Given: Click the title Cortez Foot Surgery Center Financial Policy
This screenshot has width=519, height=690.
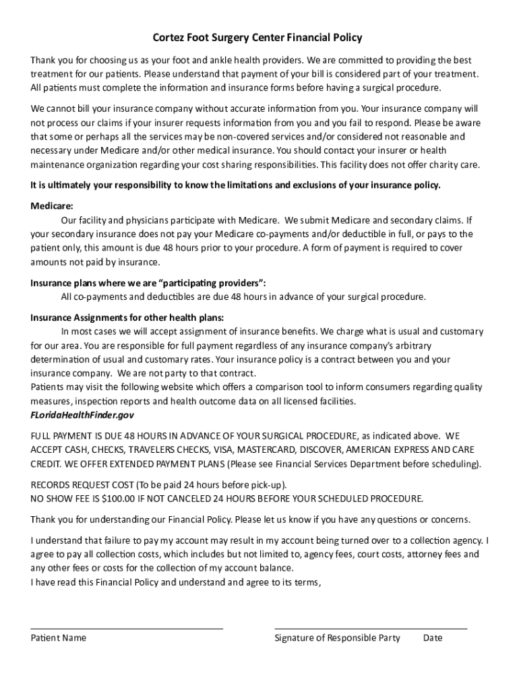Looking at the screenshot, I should tap(257, 38).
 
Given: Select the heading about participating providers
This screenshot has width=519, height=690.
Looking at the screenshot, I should tap(152, 282).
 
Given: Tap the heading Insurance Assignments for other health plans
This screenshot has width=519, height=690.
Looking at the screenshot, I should tap(127, 317).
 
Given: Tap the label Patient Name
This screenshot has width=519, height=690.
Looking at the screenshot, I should tap(59, 638).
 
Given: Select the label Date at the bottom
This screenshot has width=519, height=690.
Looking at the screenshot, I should tap(433, 638).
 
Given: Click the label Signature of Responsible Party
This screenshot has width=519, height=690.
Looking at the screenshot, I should tap(337, 638).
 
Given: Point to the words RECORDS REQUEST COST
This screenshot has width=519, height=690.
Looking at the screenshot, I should tap(82, 484).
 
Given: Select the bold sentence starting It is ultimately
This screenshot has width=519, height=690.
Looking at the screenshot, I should tap(235, 185).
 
